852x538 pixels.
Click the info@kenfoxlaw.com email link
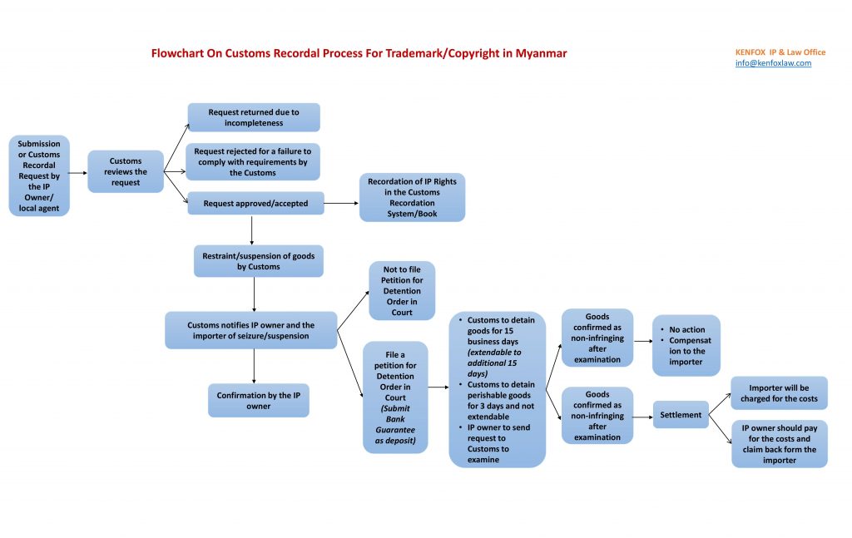(x=773, y=63)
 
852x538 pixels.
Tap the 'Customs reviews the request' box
(x=126, y=171)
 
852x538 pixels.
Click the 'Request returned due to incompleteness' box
(x=254, y=117)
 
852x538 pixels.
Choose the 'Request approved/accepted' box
(x=255, y=203)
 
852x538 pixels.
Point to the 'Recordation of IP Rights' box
(x=412, y=197)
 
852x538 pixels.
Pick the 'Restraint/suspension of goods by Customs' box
(x=258, y=261)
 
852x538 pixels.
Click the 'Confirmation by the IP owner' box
(x=258, y=400)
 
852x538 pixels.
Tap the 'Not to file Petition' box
(x=402, y=291)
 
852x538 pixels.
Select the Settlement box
(x=681, y=415)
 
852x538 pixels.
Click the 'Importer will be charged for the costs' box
(x=779, y=393)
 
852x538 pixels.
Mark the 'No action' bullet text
(x=687, y=330)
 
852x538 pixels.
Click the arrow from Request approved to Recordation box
(x=341, y=203)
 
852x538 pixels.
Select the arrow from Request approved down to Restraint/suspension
(x=251, y=230)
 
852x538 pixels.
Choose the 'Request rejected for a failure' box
(x=253, y=161)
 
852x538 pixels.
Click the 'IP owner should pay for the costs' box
(x=779, y=444)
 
